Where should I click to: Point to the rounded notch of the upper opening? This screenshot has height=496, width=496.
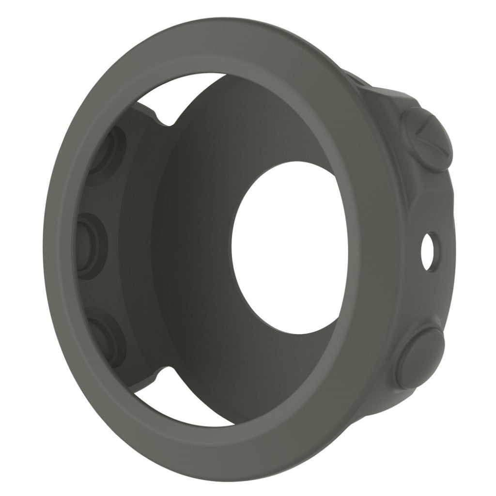[x=165, y=118]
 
